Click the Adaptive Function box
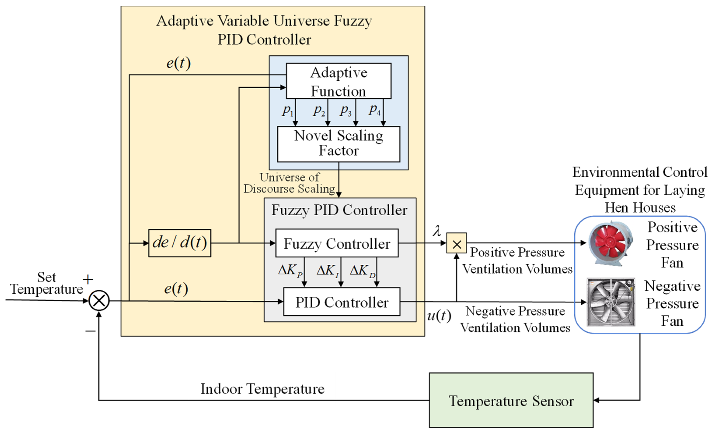pyautogui.click(x=339, y=81)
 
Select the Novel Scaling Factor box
pyautogui.click(x=339, y=144)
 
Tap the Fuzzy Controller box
pyautogui.click(x=337, y=243)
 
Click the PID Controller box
pyautogui.click(x=342, y=302)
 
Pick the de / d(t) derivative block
pyautogui.click(x=180, y=243)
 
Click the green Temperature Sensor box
pyautogui.click(x=511, y=400)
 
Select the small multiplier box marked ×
pyautogui.click(x=456, y=243)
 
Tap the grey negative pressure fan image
pyautogui.click(x=611, y=302)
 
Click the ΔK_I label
pyautogui.click(x=328, y=271)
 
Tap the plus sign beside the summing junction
pyautogui.click(x=88, y=279)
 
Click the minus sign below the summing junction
pyautogui.click(x=91, y=331)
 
